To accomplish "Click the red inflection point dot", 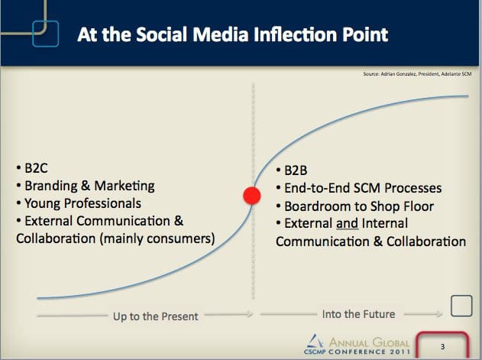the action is [252, 196].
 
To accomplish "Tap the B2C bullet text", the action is [36, 168].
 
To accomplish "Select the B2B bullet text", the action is [296, 170].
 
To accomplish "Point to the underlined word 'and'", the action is [347, 223].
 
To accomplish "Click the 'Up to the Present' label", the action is [155, 316].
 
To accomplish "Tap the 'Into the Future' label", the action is [358, 314].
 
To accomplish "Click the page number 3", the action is [442, 347].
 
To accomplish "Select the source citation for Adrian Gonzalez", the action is [417, 74].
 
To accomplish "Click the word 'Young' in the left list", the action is [42, 203].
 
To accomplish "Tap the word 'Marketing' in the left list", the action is [125, 186].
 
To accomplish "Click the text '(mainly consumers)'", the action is [157, 238].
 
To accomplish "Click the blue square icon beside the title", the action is [46, 34].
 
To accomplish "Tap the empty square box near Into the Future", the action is [461, 306].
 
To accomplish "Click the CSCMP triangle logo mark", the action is [315, 341].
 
